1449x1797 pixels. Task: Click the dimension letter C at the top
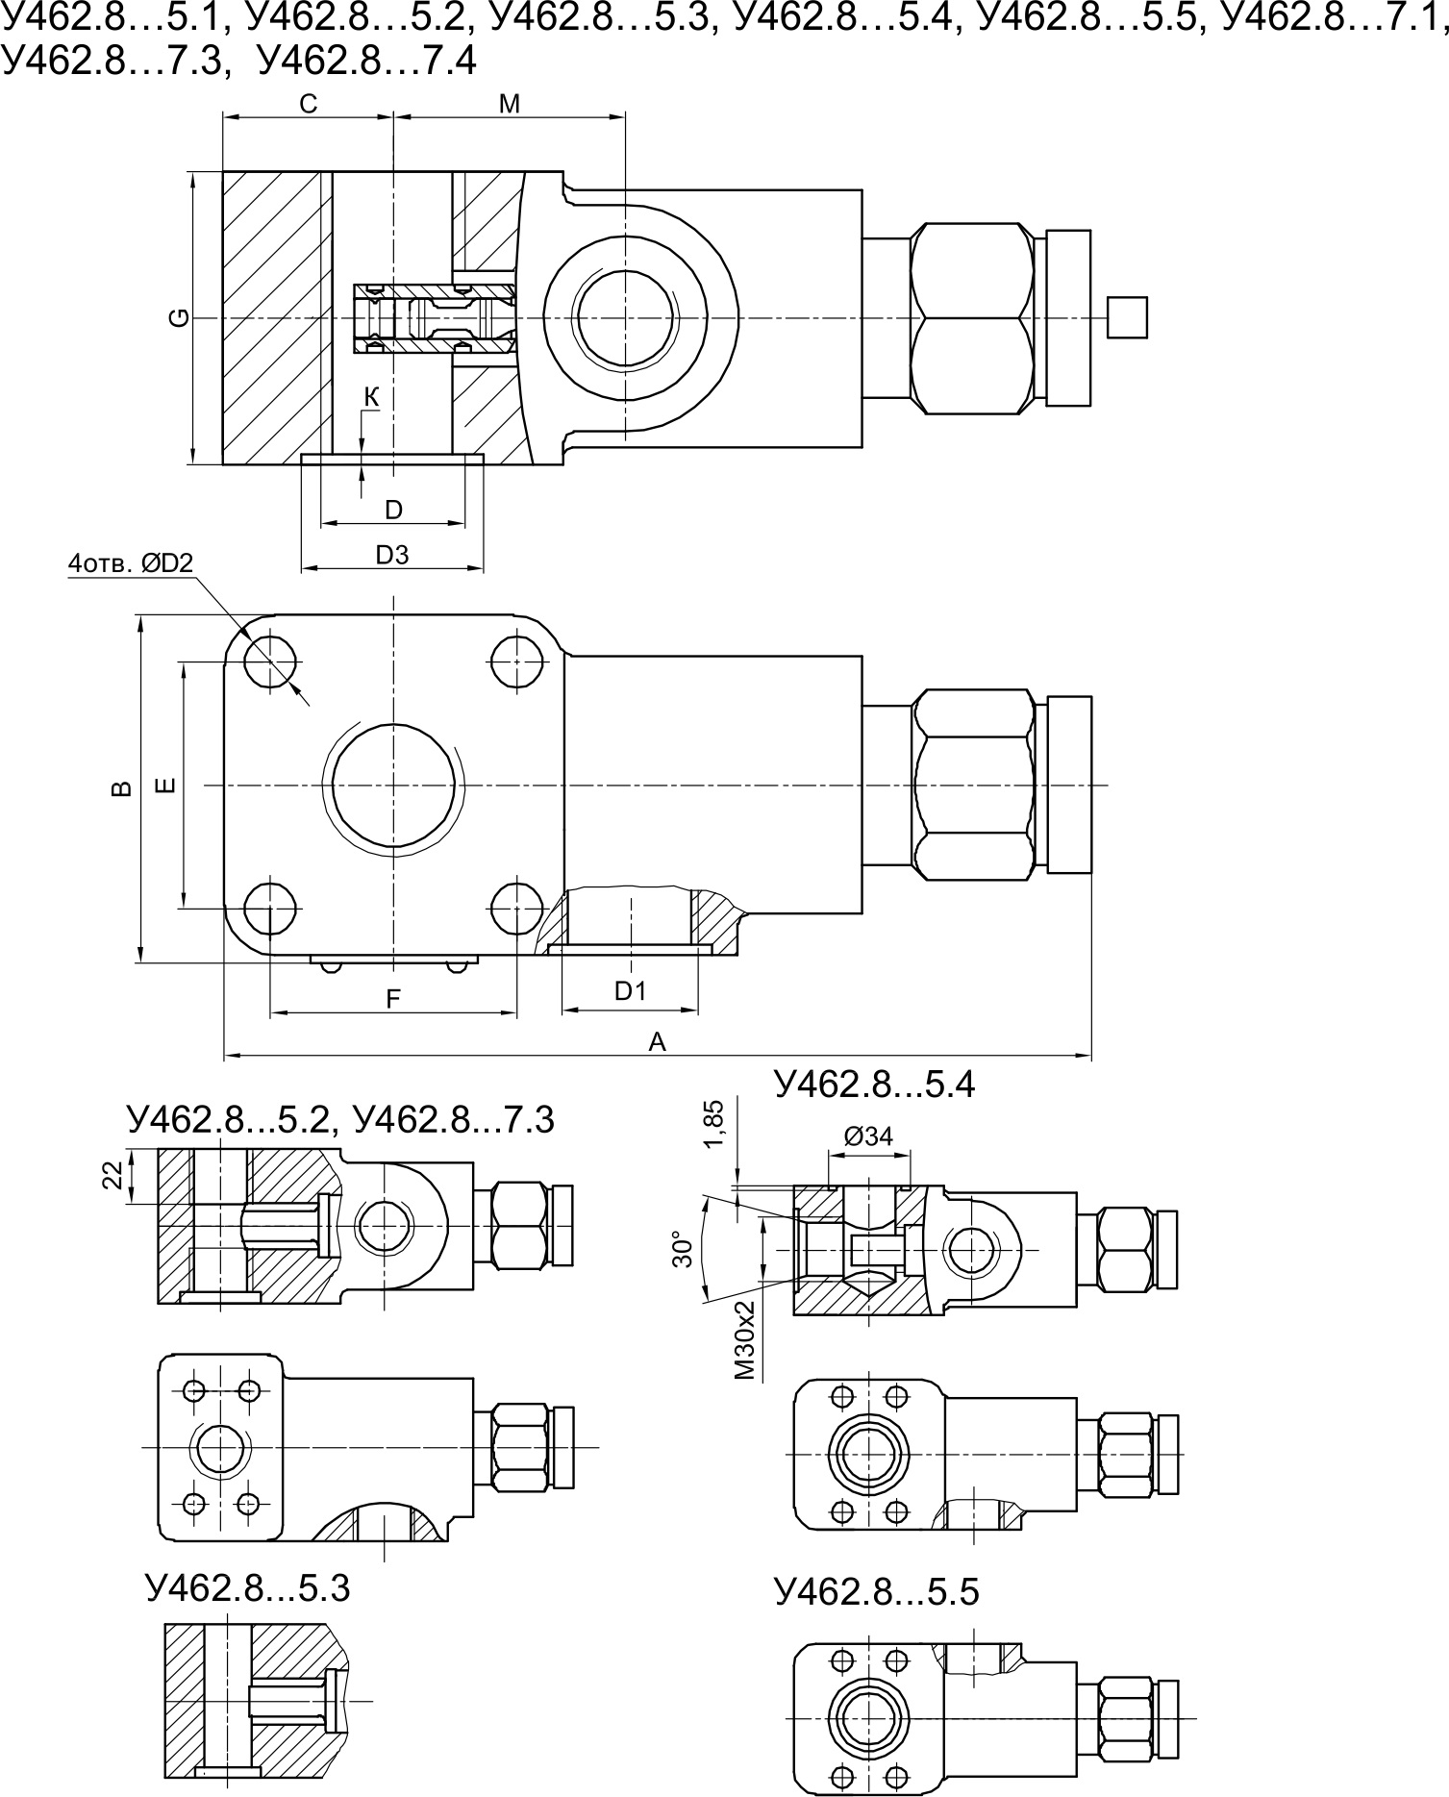click(x=308, y=104)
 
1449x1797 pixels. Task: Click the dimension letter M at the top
click(x=510, y=104)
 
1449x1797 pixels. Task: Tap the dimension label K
click(x=372, y=396)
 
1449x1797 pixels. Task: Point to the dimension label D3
click(x=392, y=555)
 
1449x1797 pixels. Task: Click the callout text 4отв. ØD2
click(x=131, y=564)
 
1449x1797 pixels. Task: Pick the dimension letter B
click(x=121, y=788)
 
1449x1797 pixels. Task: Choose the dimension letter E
click(x=165, y=786)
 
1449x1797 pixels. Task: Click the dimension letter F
click(x=392, y=999)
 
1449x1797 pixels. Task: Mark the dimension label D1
click(x=631, y=990)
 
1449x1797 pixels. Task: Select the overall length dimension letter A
click(x=657, y=1042)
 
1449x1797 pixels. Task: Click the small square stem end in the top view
click(x=1127, y=317)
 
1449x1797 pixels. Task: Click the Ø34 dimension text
click(x=868, y=1136)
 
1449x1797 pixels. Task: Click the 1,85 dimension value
click(x=712, y=1125)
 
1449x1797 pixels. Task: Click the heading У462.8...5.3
click(x=248, y=1587)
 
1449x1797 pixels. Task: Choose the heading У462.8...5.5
click(x=876, y=1592)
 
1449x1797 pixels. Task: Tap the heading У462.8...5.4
click(x=874, y=1085)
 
